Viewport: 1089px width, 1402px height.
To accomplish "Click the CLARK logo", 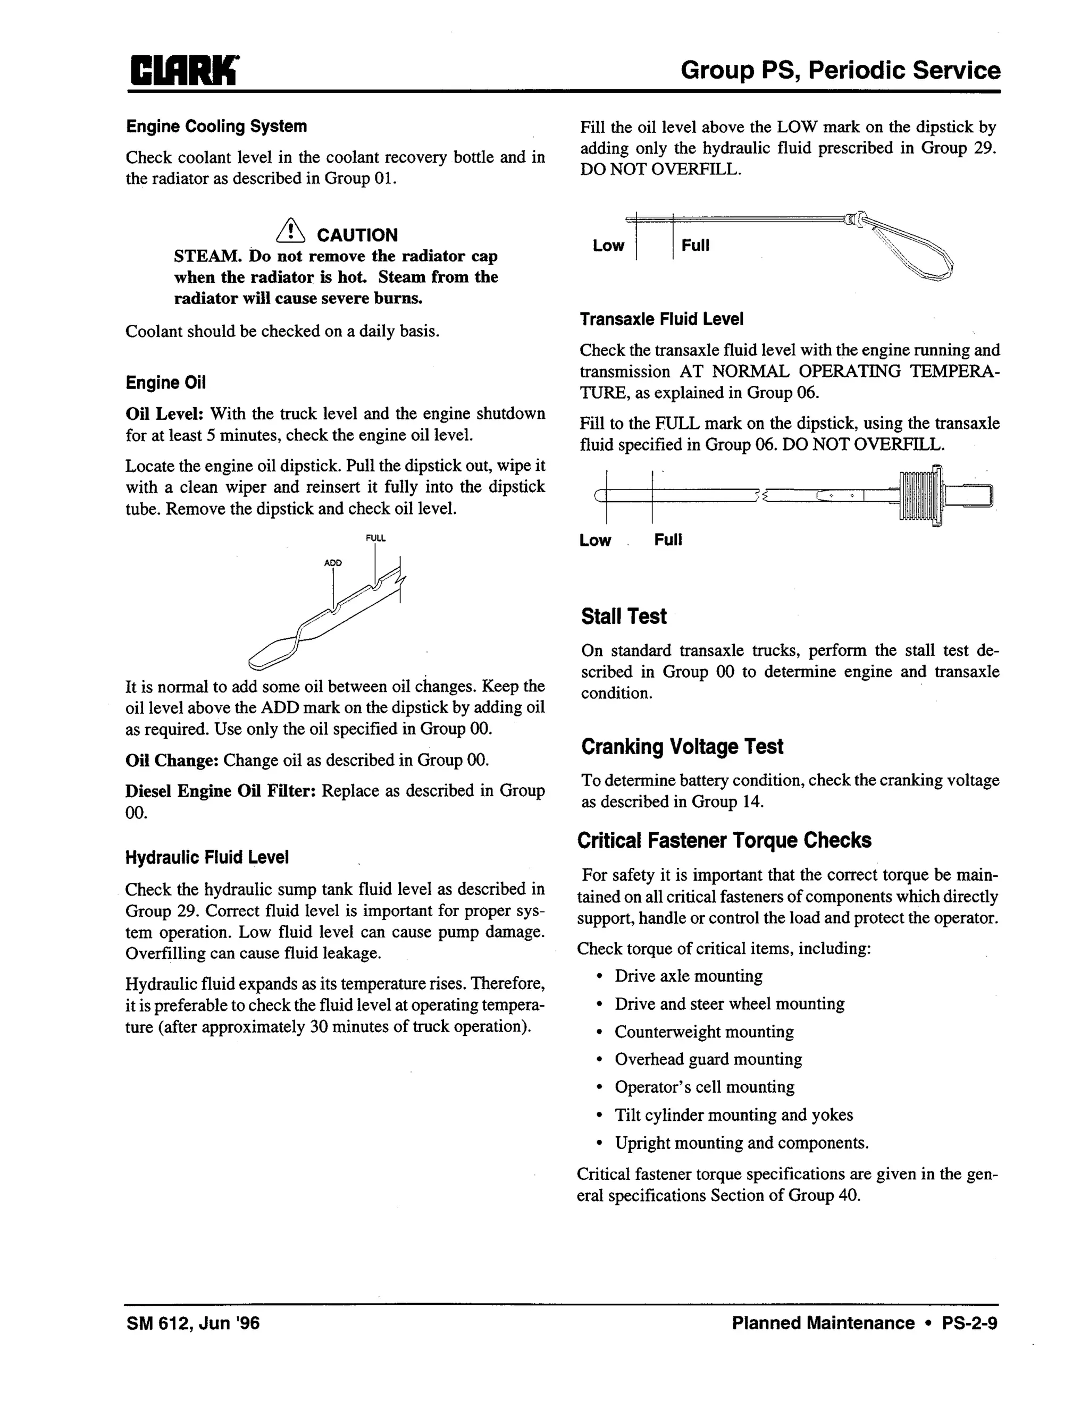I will click(x=183, y=70).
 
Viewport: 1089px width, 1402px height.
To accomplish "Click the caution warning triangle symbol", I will click(x=290, y=231).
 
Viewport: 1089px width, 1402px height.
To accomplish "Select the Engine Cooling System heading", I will click(x=216, y=126).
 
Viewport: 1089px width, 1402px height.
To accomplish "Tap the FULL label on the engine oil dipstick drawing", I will click(x=375, y=538).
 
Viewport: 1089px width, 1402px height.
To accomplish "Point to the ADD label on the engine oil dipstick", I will click(x=333, y=563).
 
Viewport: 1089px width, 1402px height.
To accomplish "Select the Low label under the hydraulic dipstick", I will click(x=608, y=246).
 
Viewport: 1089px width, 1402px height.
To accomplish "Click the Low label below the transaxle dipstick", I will click(x=595, y=540).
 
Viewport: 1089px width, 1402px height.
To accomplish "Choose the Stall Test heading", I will click(x=624, y=616).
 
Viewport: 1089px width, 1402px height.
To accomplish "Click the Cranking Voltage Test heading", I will click(x=682, y=747).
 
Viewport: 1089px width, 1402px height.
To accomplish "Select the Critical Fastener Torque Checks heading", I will click(x=724, y=840).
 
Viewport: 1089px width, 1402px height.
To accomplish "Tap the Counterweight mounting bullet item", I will click(x=703, y=1032).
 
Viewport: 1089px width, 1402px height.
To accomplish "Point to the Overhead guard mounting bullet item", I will click(x=708, y=1059).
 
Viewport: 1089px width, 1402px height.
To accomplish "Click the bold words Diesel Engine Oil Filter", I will click(x=220, y=791).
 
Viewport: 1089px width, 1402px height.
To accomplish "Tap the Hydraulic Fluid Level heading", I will click(x=207, y=858).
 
